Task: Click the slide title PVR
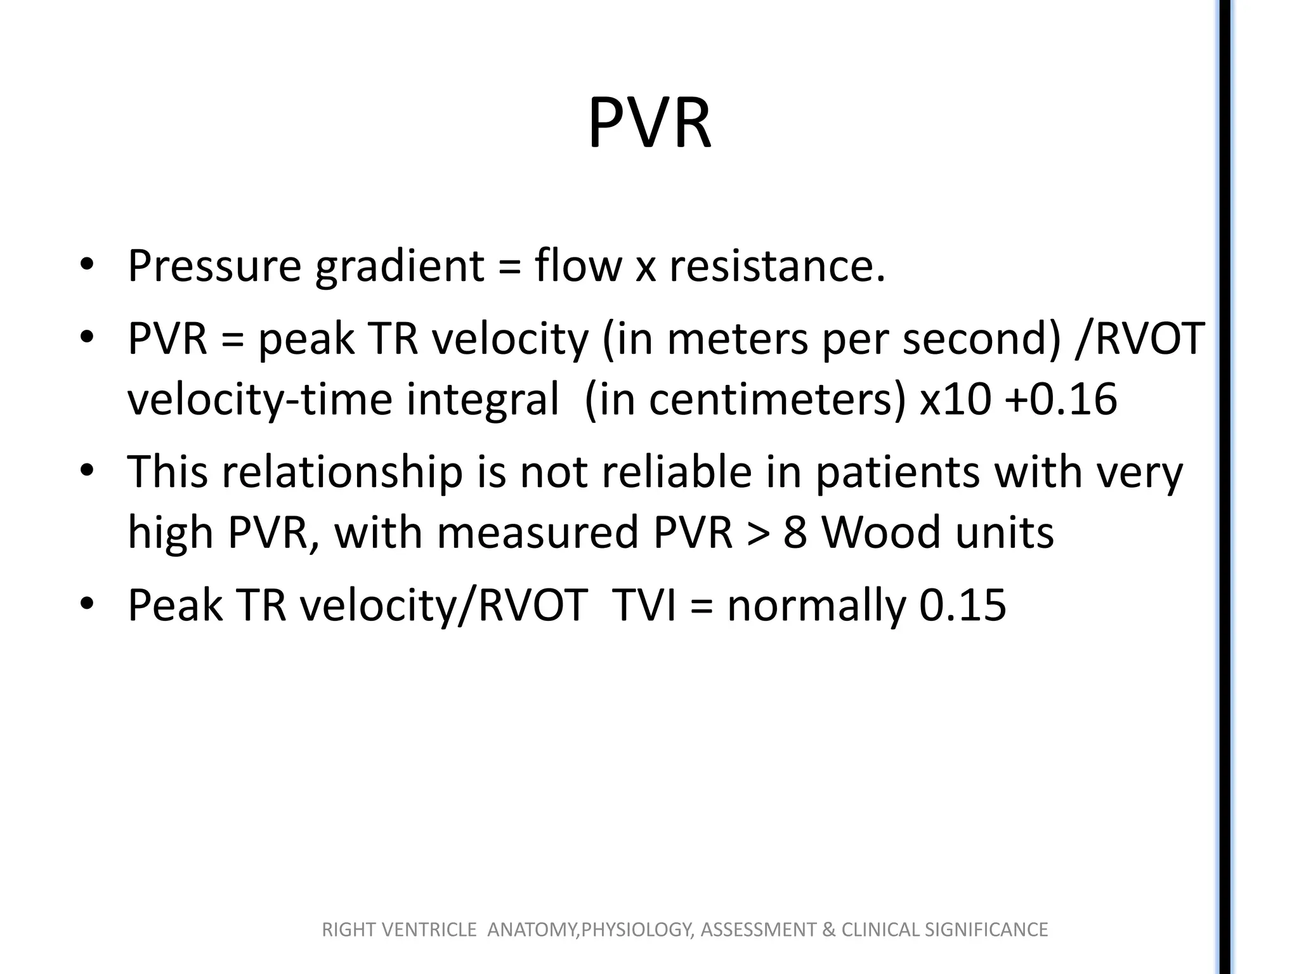(x=649, y=124)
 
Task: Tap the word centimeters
(x=770, y=399)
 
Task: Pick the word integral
(x=482, y=399)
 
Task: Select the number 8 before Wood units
(x=795, y=533)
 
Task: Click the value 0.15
(x=962, y=605)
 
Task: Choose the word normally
(x=816, y=605)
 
